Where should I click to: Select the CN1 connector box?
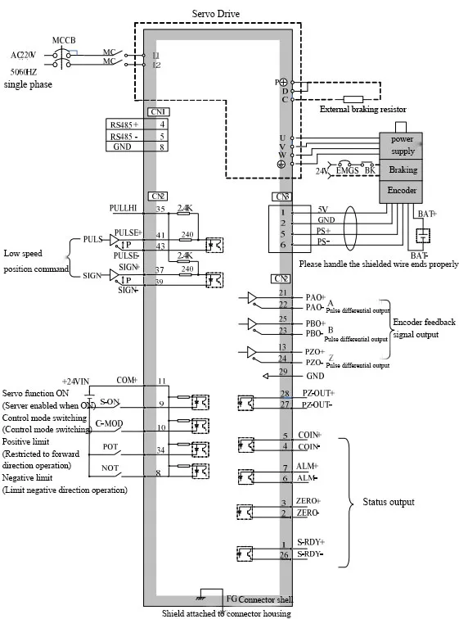point(157,111)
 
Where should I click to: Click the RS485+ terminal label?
point(124,124)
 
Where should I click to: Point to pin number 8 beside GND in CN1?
point(162,147)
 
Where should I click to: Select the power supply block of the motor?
point(403,145)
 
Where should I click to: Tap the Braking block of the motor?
point(403,170)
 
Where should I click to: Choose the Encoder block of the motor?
point(403,189)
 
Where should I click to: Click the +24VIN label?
point(79,382)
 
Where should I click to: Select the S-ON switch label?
point(110,401)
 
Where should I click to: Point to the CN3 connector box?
point(281,197)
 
